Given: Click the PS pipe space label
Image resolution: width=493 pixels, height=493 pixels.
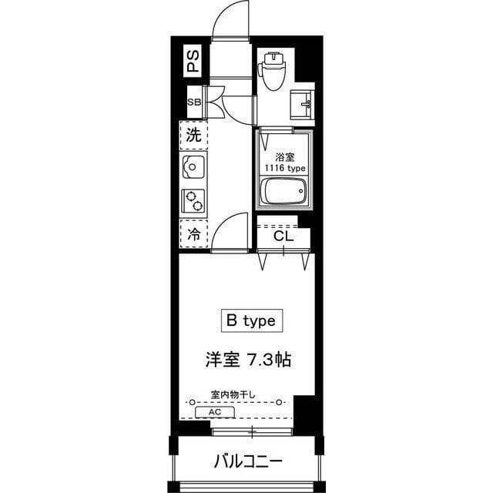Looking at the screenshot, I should click(192, 59).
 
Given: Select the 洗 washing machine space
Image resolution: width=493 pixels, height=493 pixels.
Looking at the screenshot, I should click(194, 136).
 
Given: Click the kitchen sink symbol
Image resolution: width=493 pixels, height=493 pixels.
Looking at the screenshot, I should click(193, 165).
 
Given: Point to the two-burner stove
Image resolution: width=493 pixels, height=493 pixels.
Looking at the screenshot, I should click(193, 200).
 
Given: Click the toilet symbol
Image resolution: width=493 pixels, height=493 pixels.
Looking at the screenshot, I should click(272, 69).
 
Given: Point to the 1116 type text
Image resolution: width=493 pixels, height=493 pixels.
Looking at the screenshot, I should click(286, 168).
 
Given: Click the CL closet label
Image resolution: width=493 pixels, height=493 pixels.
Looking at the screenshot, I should click(283, 236).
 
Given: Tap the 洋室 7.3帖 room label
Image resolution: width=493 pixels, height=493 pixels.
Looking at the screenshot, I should click(247, 359).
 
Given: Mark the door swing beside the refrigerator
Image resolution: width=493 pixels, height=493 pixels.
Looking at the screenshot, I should click(232, 231).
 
